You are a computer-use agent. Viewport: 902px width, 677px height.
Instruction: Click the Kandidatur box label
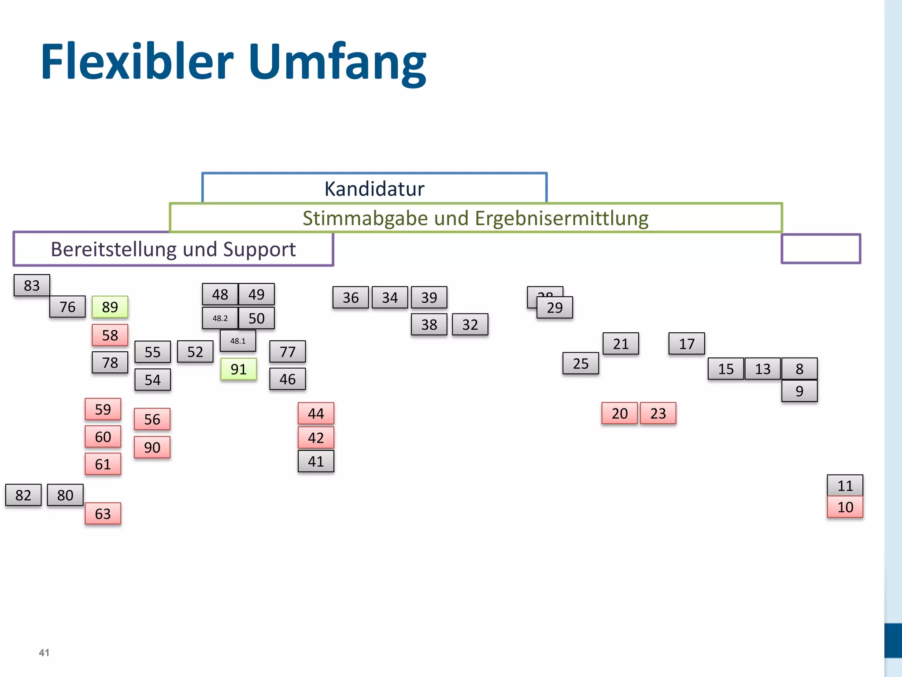(374, 189)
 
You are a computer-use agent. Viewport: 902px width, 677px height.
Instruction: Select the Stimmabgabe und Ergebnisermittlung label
(475, 218)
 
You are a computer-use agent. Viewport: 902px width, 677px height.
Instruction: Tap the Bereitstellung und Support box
(173, 249)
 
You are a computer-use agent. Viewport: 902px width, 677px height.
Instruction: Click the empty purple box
(821, 249)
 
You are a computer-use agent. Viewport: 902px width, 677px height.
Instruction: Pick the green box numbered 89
(110, 307)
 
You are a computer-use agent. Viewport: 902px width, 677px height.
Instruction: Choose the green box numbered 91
(238, 369)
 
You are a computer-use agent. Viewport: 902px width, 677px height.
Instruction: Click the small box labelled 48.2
(220, 318)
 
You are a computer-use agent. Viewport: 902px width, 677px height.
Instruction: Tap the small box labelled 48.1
(238, 341)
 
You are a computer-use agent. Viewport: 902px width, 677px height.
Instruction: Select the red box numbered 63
(103, 513)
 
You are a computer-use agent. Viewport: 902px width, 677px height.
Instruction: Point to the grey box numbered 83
(32, 285)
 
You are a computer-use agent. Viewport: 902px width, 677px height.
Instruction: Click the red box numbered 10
(845, 507)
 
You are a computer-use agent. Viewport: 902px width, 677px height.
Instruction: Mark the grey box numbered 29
(555, 308)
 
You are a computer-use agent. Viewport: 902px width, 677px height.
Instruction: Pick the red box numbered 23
(658, 413)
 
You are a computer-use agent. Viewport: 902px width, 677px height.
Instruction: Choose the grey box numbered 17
(686, 344)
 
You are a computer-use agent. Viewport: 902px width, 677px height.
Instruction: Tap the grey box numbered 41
(316, 461)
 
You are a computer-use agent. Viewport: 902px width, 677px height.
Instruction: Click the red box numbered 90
(152, 447)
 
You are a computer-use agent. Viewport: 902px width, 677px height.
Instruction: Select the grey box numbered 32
(470, 325)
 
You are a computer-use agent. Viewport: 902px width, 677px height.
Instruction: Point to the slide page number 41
(44, 652)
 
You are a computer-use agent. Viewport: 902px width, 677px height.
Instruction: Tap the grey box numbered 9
(799, 391)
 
